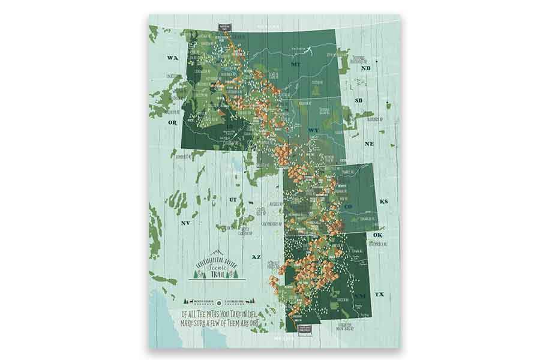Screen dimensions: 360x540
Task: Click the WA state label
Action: click(x=173, y=58)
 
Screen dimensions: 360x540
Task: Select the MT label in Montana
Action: click(x=295, y=64)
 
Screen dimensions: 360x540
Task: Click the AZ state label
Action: click(x=256, y=256)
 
